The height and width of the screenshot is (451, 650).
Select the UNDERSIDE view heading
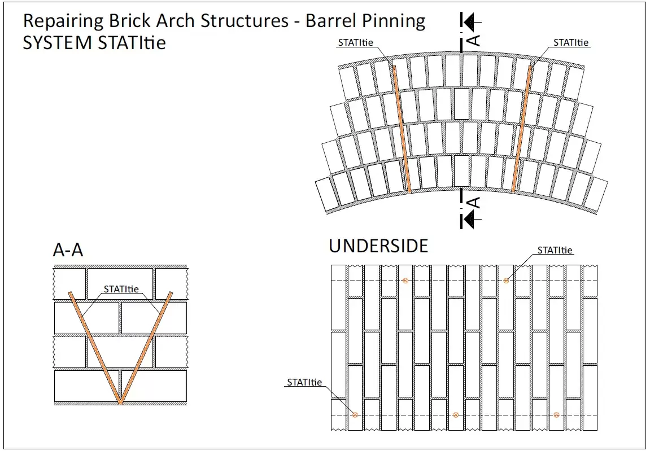pyautogui.click(x=378, y=246)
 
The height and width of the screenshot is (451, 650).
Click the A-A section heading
pyautogui.click(x=68, y=250)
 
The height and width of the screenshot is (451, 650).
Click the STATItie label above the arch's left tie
pyautogui.click(x=355, y=42)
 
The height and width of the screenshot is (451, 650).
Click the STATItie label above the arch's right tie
pyautogui.click(x=571, y=42)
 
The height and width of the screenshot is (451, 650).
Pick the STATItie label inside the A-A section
pyautogui.click(x=121, y=289)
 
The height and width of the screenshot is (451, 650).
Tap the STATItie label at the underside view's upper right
pyautogui.click(x=555, y=250)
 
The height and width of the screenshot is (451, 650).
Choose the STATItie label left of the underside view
pyautogui.click(x=304, y=382)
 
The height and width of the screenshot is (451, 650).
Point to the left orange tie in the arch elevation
pyautogui.click(x=402, y=130)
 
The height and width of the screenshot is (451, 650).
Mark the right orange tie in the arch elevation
pyautogui.click(x=522, y=130)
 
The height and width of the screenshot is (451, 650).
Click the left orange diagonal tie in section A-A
pyautogui.click(x=95, y=348)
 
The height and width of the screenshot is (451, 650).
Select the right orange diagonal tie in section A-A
pyautogui.click(x=146, y=348)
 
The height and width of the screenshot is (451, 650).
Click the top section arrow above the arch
pyautogui.click(x=470, y=22)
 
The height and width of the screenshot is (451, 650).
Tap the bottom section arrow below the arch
pyautogui.click(x=470, y=220)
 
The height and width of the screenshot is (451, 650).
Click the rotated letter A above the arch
pyautogui.click(x=475, y=40)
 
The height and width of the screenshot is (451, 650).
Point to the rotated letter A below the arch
pyautogui.click(x=475, y=202)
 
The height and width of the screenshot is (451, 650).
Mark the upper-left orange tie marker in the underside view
pyautogui.click(x=405, y=281)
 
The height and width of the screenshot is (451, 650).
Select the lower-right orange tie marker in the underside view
pyautogui.click(x=556, y=415)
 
